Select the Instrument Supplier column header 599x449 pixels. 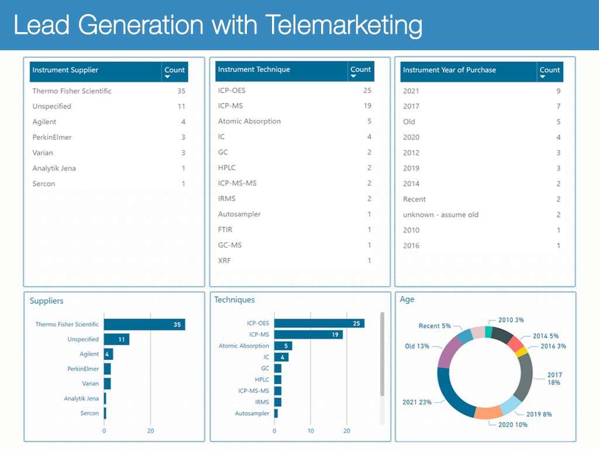pyautogui.click(x=66, y=70)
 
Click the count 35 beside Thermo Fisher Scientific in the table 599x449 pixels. pyautogui.click(x=181, y=91)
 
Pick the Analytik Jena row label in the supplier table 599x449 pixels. pyautogui.click(x=54, y=168)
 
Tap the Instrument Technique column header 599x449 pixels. pyautogui.click(x=254, y=70)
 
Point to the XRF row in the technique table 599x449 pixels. pyautogui.click(x=225, y=260)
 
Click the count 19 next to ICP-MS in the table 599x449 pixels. pyautogui.click(x=367, y=106)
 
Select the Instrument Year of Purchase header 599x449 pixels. pyautogui.click(x=449, y=70)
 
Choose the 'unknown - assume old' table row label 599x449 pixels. pyautogui.click(x=440, y=215)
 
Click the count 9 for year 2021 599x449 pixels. pyautogui.click(x=559, y=91)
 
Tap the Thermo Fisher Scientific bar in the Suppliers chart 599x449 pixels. pyautogui.click(x=144, y=324)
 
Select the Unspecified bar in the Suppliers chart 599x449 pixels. pyautogui.click(x=116, y=339)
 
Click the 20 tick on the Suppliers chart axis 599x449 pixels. pyautogui.click(x=150, y=431)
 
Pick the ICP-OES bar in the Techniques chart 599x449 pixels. pyautogui.click(x=319, y=323)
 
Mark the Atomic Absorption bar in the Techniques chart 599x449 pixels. pyautogui.click(x=283, y=346)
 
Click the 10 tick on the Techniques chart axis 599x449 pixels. pyautogui.click(x=311, y=431)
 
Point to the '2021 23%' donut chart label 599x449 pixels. pyautogui.click(x=417, y=402)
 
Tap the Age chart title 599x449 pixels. pyautogui.click(x=407, y=299)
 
